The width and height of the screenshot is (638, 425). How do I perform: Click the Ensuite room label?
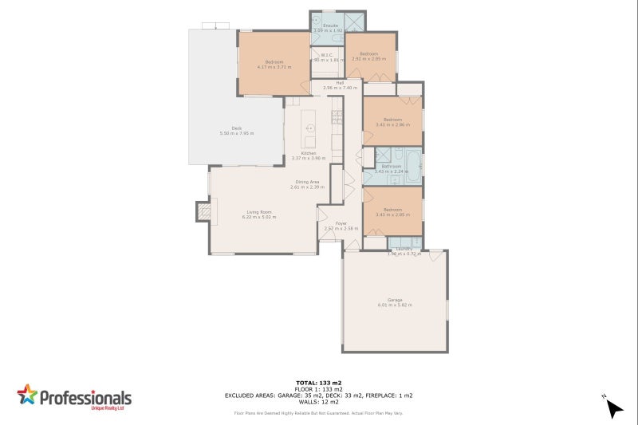(330, 26)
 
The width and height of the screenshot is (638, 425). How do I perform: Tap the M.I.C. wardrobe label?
(327, 55)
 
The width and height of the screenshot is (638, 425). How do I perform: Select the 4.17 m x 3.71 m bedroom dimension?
(274, 67)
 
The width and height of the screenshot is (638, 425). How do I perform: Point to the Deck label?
(236, 128)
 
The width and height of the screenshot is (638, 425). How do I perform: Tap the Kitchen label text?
(309, 152)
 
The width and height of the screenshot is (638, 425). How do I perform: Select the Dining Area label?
(306, 182)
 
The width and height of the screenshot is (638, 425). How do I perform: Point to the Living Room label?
(260, 211)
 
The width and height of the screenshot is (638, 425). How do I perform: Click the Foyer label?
(341, 223)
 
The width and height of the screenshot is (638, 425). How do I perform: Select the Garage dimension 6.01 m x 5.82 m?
(394, 305)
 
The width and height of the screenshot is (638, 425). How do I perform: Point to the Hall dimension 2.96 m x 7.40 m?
(340, 87)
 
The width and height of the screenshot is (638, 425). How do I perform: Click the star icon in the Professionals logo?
(27, 395)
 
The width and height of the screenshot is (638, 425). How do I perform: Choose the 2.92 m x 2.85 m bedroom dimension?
(368, 58)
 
